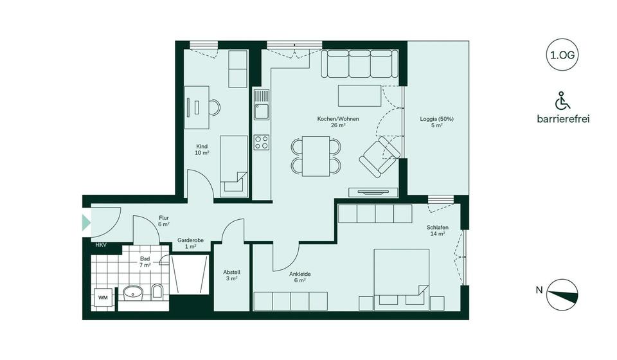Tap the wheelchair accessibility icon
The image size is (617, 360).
tap(562, 101)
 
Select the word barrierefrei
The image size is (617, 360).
tap(562, 119)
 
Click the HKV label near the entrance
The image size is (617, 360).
tap(101, 246)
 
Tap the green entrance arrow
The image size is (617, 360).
tap(86, 223)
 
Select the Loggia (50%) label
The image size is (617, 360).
tap(436, 122)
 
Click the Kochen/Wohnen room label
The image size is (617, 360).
tap(338, 122)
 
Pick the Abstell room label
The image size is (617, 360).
tap(231, 274)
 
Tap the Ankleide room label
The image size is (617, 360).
tap(301, 276)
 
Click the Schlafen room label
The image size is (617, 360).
tap(437, 231)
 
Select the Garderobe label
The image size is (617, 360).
tap(191, 243)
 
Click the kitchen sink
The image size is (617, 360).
tap(261, 109)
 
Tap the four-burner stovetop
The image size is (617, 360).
tap(261, 142)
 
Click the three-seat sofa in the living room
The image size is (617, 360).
tap(357, 65)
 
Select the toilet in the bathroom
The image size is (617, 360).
tap(157, 293)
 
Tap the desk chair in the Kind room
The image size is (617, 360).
tap(212, 107)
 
